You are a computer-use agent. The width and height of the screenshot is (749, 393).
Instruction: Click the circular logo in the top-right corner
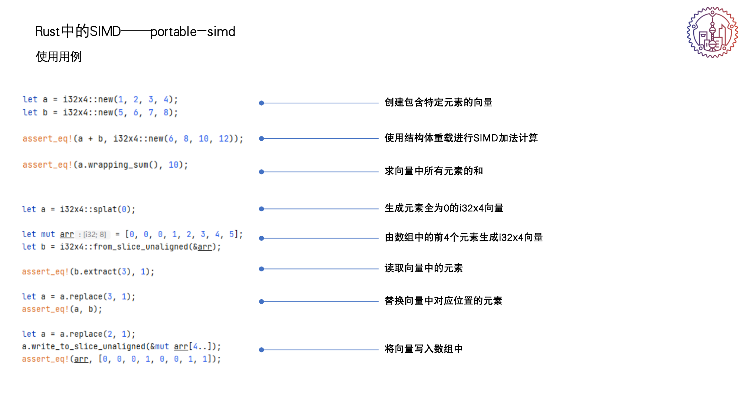click(712, 33)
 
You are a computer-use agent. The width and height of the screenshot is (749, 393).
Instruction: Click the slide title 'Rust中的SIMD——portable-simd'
click(135, 32)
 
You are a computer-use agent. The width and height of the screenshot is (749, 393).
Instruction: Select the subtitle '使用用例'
click(59, 57)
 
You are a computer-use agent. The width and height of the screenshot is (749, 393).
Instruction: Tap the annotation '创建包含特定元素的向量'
click(438, 102)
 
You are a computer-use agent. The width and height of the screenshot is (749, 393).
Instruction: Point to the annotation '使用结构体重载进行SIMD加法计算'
click(461, 138)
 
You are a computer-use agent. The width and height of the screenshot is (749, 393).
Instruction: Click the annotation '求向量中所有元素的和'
click(434, 171)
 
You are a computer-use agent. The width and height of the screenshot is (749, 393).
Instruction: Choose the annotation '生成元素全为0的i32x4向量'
click(444, 208)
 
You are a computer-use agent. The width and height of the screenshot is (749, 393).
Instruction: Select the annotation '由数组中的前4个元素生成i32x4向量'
click(464, 237)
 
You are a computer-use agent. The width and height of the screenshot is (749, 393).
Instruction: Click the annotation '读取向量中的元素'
click(423, 268)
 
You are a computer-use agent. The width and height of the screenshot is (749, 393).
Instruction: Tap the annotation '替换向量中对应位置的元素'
click(443, 301)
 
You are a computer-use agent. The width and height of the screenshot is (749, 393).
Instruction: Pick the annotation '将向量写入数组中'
click(423, 349)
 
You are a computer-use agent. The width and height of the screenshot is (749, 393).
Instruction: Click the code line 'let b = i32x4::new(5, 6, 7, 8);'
click(100, 112)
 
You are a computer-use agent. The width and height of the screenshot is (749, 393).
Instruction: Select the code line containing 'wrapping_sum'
click(105, 165)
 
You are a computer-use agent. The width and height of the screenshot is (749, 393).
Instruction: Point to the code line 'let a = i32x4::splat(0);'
click(78, 209)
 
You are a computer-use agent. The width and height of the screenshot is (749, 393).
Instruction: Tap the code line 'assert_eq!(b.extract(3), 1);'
click(88, 272)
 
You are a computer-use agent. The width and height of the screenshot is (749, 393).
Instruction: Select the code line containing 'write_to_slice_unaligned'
click(121, 346)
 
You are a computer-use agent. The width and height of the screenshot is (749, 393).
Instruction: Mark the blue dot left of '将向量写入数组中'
click(261, 350)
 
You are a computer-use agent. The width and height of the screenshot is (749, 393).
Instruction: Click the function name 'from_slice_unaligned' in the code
click(141, 247)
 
